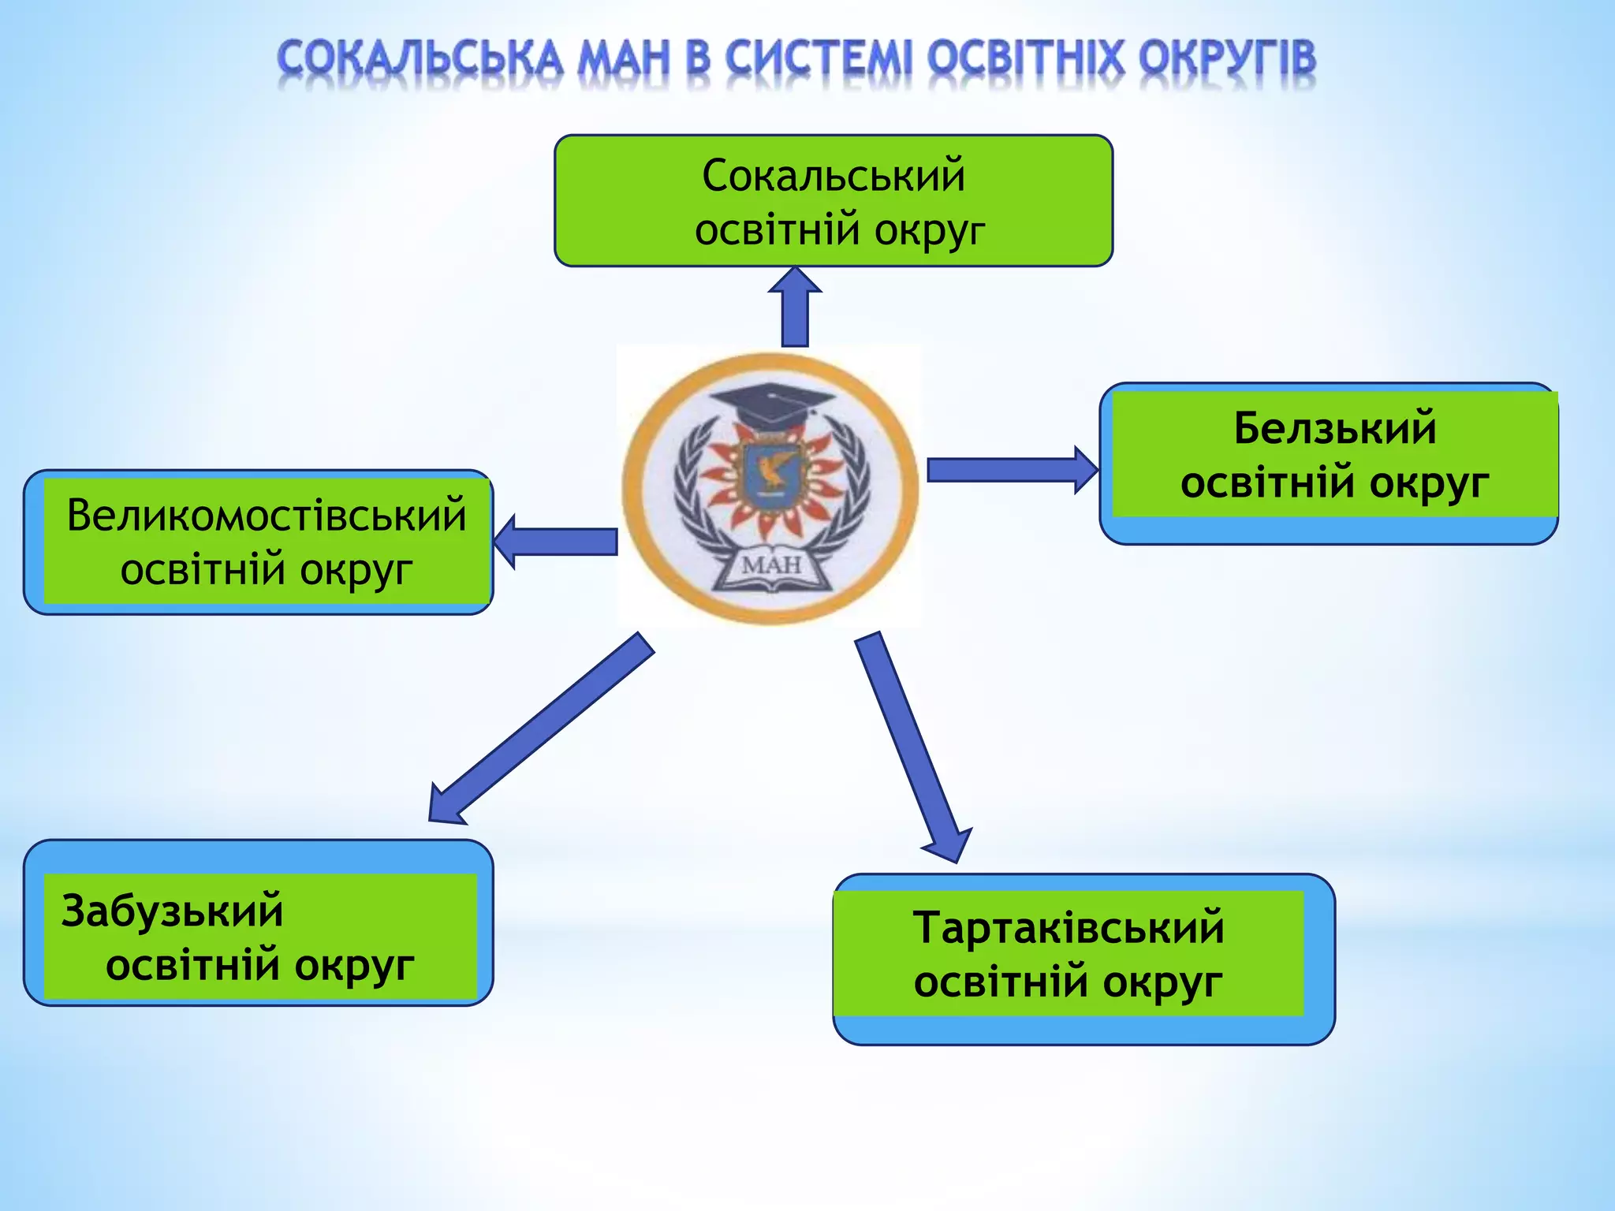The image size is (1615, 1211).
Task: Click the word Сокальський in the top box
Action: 834,175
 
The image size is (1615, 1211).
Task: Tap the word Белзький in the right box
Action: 1335,428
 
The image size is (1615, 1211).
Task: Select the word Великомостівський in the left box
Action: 267,516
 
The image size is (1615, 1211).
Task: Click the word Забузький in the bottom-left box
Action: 172,911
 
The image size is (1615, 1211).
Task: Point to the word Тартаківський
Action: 1069,927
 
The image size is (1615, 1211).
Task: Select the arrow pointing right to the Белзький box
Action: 1009,470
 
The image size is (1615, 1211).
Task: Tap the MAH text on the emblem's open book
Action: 771,565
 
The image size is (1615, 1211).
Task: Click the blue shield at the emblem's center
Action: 769,473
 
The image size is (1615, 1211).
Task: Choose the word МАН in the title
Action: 623,59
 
